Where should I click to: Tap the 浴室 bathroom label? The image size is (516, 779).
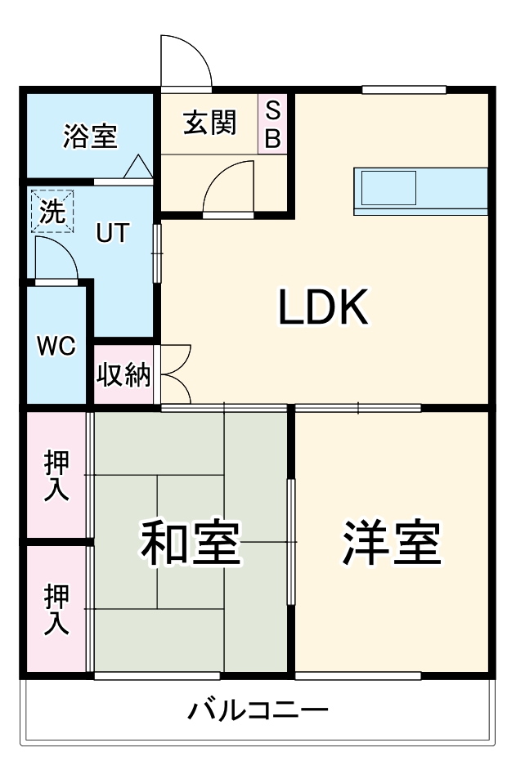coord(90,137)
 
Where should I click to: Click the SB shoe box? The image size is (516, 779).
coord(272,124)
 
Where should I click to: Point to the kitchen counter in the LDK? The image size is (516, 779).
coord(420,191)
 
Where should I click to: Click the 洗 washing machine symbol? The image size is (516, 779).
coord(52,211)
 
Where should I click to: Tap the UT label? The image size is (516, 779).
coord(112,233)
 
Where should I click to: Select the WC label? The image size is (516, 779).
coord(56,347)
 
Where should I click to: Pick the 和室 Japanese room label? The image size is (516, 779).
coord(191,543)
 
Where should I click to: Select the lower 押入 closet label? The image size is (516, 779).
coord(56,609)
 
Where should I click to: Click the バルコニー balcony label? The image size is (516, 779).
coord(258,710)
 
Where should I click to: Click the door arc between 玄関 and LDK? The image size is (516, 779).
coord(228,186)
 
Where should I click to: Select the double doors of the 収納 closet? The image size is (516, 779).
coord(176,374)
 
